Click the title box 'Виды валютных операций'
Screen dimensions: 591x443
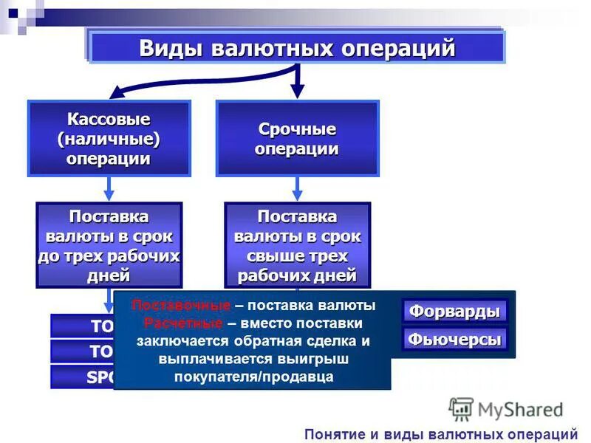click(297, 48)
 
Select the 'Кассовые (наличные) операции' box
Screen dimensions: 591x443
click(109, 139)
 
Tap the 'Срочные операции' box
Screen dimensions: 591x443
click(297, 139)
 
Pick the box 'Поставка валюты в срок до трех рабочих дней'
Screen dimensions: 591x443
click(109, 246)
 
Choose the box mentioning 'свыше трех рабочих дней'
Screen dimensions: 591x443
click(297, 246)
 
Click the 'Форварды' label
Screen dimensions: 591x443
click(454, 311)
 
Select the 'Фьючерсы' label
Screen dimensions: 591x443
click(454, 340)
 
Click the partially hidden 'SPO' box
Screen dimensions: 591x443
click(81, 377)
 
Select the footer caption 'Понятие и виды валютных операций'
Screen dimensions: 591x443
click(440, 433)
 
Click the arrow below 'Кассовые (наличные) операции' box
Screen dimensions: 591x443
click(109, 189)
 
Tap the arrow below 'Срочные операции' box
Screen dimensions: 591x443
click(297, 189)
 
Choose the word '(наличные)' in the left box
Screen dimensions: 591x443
click(109, 139)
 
